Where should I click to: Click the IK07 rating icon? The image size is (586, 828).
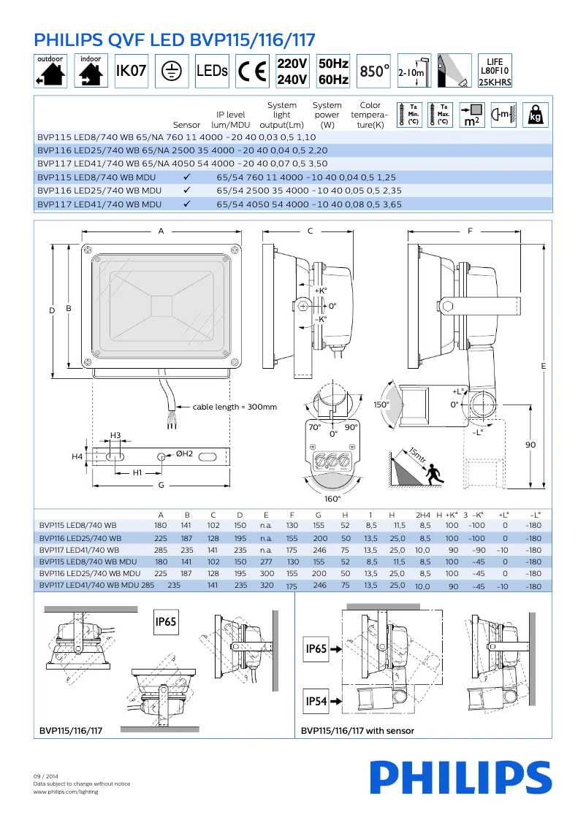tap(132, 71)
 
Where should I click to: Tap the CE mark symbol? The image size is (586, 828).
tap(253, 71)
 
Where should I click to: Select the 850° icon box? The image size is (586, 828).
tap(374, 71)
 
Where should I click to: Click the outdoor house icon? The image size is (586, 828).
tap(50, 71)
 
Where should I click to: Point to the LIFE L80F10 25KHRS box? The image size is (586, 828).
tap(495, 71)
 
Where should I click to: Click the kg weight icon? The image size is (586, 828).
tap(535, 114)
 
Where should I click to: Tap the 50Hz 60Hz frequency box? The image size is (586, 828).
tap(333, 71)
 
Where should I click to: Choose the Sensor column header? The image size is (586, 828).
tap(186, 125)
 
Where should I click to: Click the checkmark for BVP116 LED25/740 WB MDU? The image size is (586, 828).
tap(187, 190)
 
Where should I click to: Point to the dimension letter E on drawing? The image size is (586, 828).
tap(544, 365)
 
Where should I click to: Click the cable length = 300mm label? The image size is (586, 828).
tap(235, 407)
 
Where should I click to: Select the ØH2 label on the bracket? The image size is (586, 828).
tap(184, 453)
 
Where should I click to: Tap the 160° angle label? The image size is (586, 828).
tap(332, 499)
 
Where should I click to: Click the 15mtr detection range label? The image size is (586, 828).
tap(417, 456)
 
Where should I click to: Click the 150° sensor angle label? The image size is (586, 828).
tap(381, 405)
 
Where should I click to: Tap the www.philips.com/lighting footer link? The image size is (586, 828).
tap(66, 791)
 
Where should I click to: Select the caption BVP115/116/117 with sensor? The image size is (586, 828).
tap(357, 731)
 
